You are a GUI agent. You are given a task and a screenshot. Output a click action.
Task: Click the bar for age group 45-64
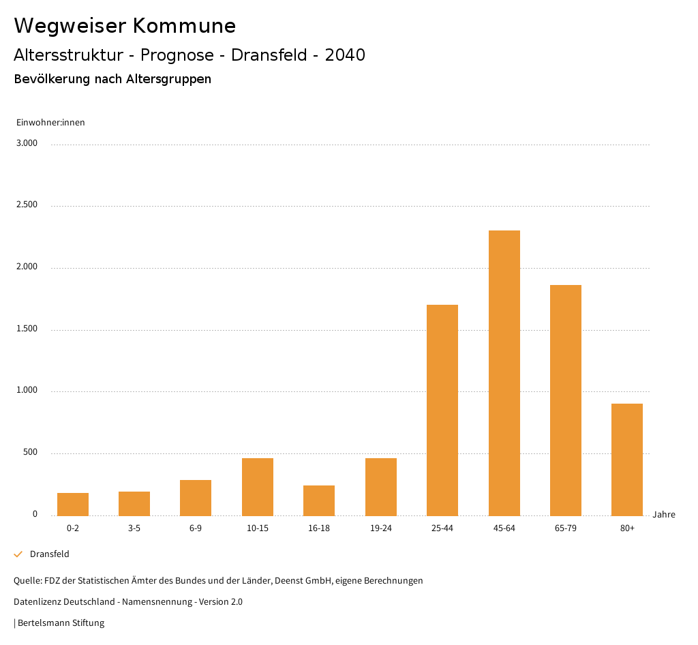(504, 373)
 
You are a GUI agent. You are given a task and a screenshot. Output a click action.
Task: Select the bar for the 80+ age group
(627, 460)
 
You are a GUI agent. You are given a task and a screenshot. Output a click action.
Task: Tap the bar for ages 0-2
(73, 504)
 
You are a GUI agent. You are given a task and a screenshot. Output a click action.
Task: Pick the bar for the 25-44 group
(442, 410)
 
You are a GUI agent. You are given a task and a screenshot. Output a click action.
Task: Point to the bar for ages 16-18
(319, 500)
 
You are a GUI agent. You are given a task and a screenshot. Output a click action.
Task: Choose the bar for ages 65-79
(566, 400)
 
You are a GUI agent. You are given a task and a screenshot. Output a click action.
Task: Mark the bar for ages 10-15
(258, 487)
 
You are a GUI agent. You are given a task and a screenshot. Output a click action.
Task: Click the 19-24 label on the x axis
(380, 528)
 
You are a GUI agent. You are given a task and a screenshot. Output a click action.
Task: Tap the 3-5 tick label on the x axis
(134, 528)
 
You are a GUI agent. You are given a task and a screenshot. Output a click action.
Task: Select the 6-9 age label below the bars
(196, 528)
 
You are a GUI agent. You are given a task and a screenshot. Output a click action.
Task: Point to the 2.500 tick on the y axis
(27, 205)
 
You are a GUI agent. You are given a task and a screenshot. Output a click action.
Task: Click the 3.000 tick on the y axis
(27, 143)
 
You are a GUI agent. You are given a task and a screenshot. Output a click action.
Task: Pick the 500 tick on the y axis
(31, 453)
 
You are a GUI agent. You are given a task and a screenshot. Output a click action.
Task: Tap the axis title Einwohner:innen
(50, 123)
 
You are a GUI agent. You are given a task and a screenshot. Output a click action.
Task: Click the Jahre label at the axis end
(664, 515)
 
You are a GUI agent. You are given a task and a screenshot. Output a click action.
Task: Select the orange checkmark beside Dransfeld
(18, 554)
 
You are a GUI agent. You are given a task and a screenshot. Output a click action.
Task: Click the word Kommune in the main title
(185, 26)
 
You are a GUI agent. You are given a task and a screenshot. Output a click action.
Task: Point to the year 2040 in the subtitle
(345, 55)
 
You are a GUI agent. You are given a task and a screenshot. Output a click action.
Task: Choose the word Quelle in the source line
(27, 581)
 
